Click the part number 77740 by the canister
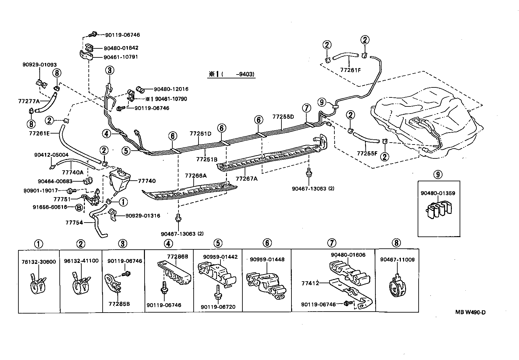147,181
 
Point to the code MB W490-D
470,312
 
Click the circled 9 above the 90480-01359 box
438,175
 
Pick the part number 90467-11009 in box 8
397,260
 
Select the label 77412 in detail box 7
310,283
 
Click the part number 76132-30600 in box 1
39,262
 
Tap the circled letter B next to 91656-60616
78,207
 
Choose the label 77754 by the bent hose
74,223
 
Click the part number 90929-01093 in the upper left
39,65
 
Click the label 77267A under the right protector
247,178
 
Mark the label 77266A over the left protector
196,176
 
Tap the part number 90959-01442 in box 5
220,257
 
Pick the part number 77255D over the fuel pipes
283,117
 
